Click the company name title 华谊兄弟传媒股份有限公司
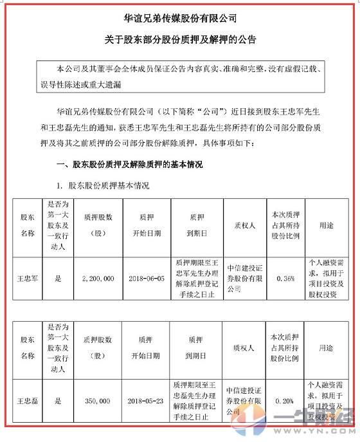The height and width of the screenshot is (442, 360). (x=180, y=14)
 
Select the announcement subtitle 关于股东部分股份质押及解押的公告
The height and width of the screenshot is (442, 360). (x=180, y=39)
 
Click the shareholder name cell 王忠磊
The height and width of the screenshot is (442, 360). (x=27, y=400)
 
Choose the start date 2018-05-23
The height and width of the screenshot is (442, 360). (x=147, y=400)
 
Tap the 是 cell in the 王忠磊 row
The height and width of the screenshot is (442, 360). (x=59, y=400)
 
